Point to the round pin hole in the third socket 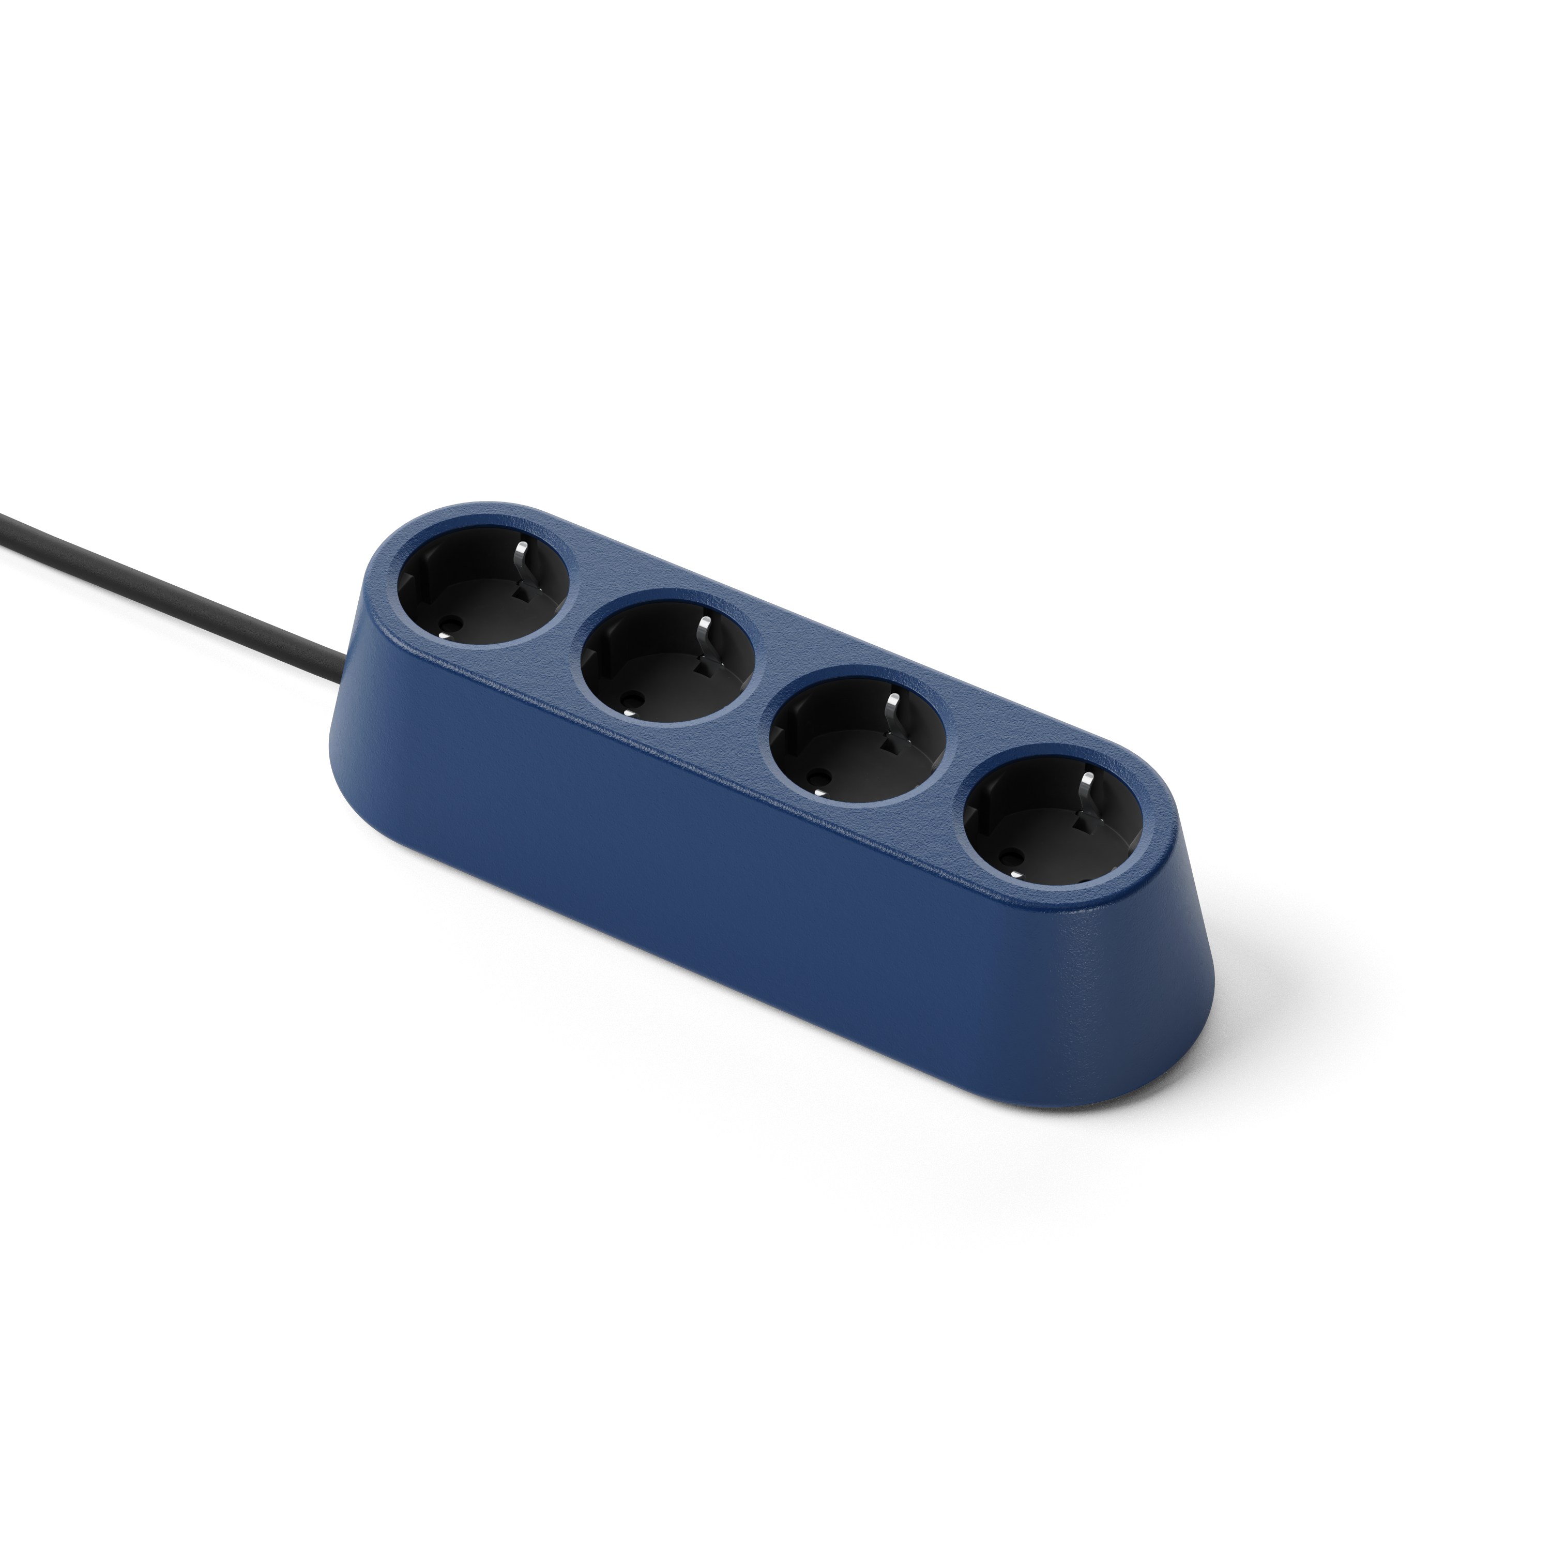point(819,777)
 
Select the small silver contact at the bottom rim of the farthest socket point(1013,874)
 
